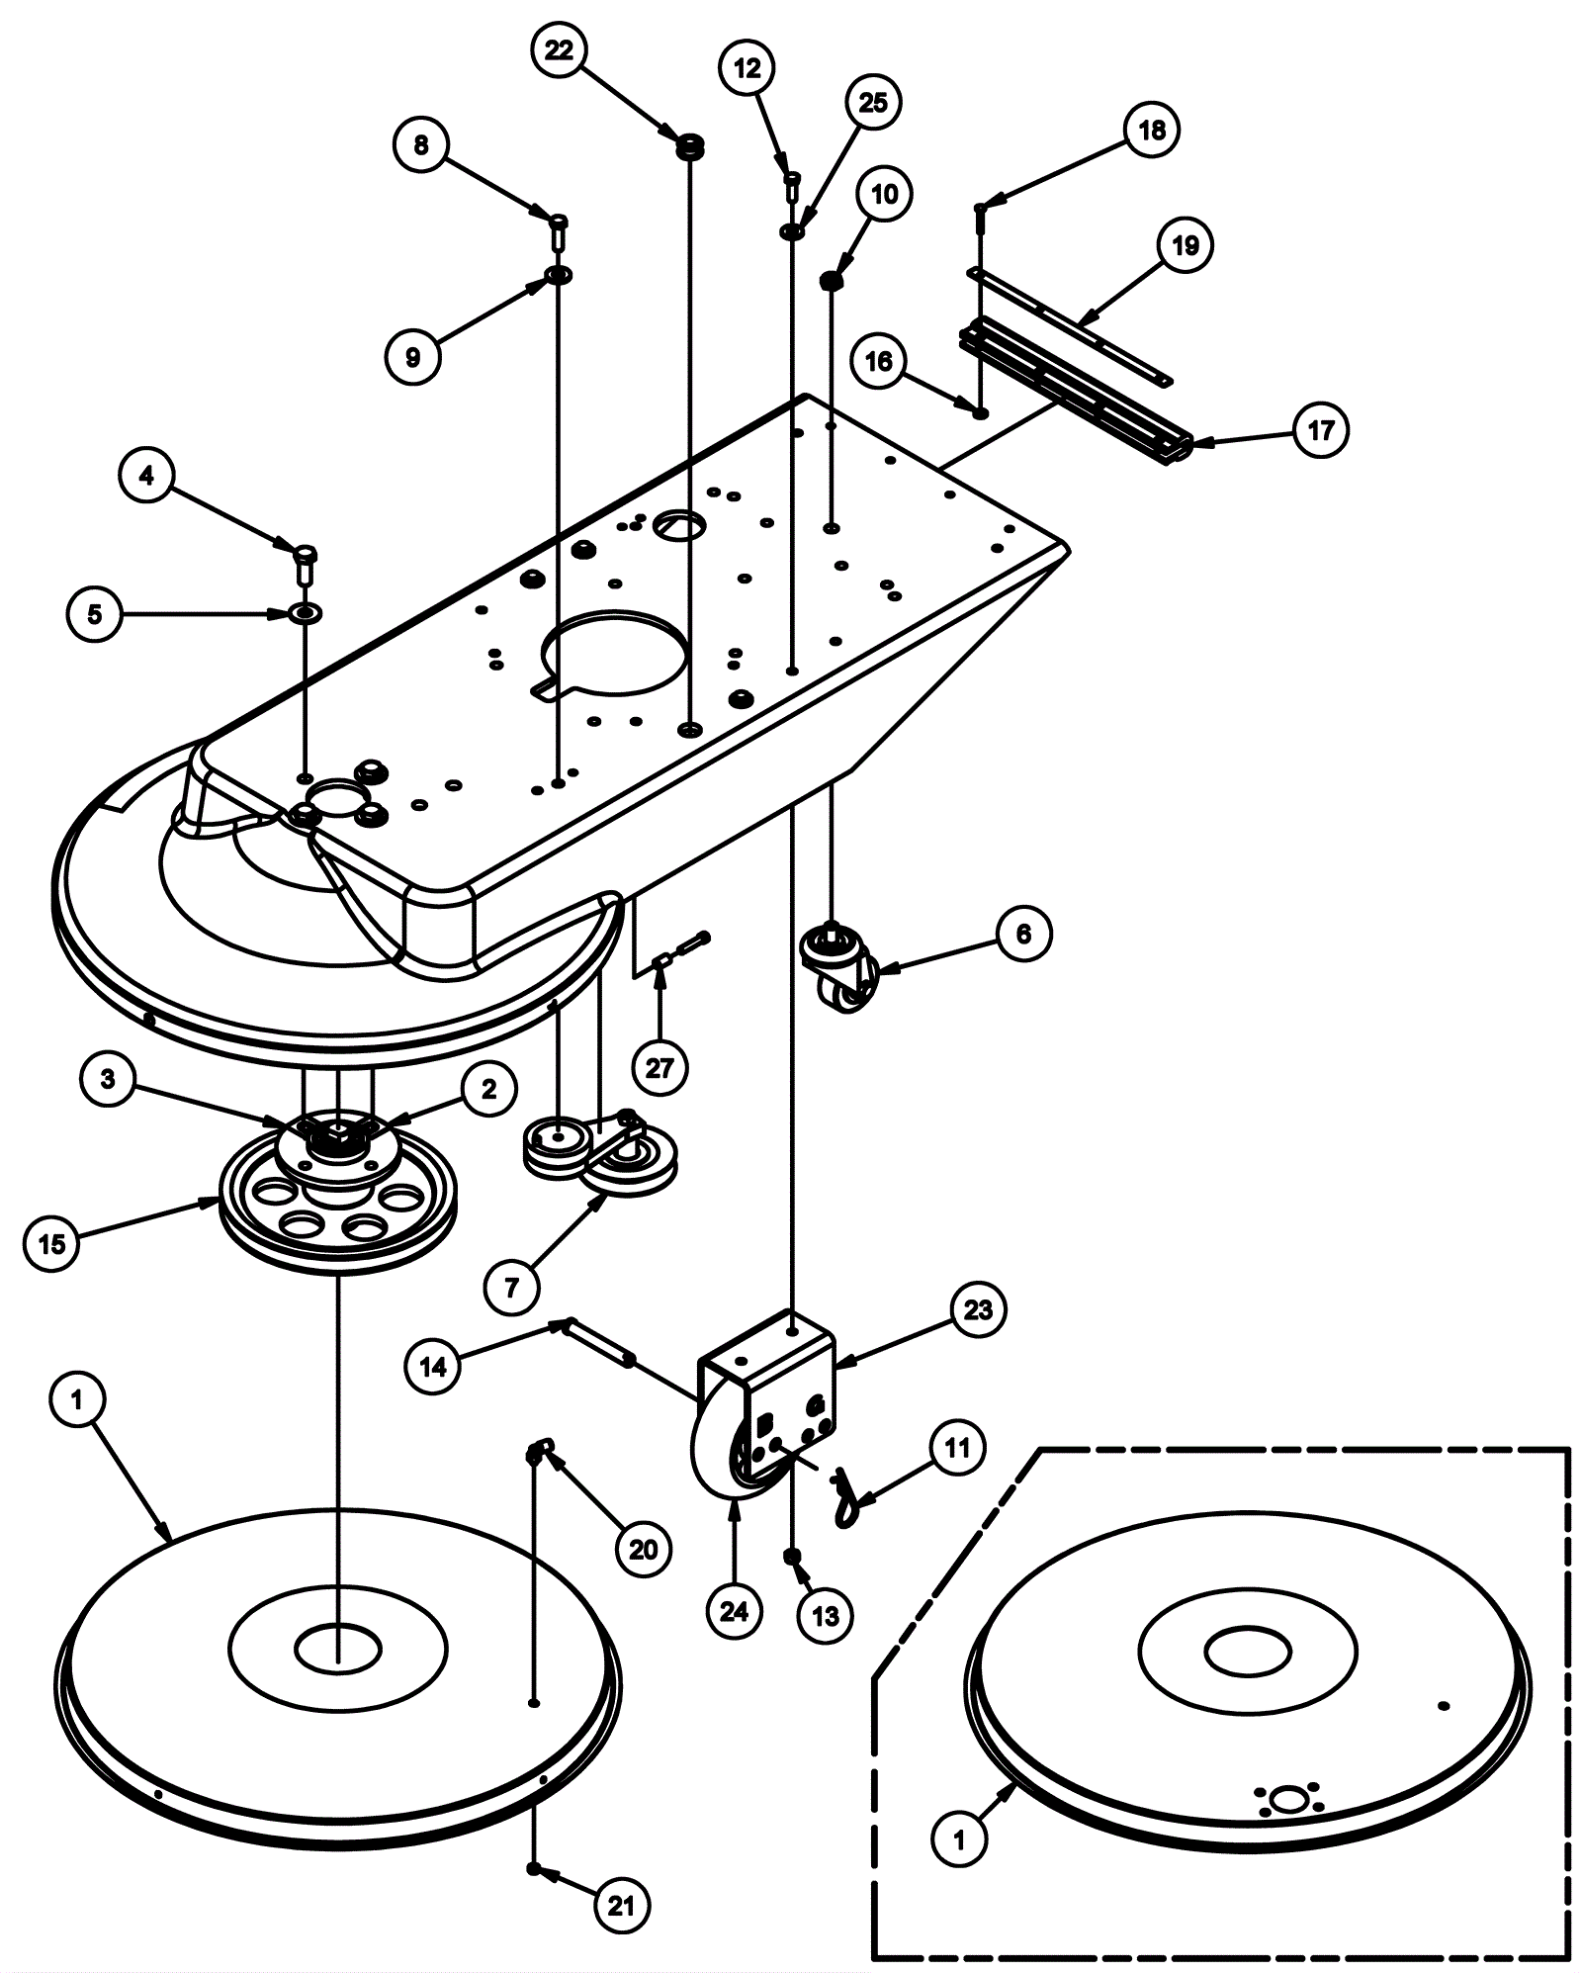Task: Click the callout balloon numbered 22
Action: click(560, 50)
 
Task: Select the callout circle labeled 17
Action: click(1321, 430)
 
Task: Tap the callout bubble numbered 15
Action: click(51, 1243)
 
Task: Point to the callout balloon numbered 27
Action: click(659, 1068)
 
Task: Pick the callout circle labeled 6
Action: click(1023, 934)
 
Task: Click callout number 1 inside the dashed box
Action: click(959, 1839)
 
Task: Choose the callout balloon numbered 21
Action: click(621, 1906)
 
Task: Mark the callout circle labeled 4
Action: click(146, 477)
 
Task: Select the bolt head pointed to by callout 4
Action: click(306, 560)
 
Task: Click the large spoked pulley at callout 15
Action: click(337, 1199)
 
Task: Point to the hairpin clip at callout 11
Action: click(845, 1495)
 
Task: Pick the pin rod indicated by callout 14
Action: click(598, 1341)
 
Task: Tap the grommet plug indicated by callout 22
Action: click(689, 148)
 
